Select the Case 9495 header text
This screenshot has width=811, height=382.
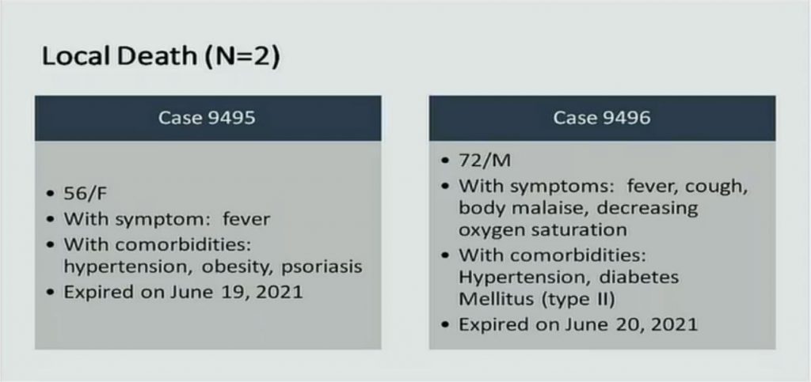click(x=207, y=118)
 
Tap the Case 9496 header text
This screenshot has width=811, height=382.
click(x=602, y=118)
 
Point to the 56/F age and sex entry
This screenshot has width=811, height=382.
click(x=86, y=194)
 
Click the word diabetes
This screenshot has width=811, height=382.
click(x=639, y=278)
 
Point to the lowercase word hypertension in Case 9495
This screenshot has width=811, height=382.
click(x=129, y=267)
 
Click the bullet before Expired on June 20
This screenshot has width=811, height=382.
click(x=445, y=325)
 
